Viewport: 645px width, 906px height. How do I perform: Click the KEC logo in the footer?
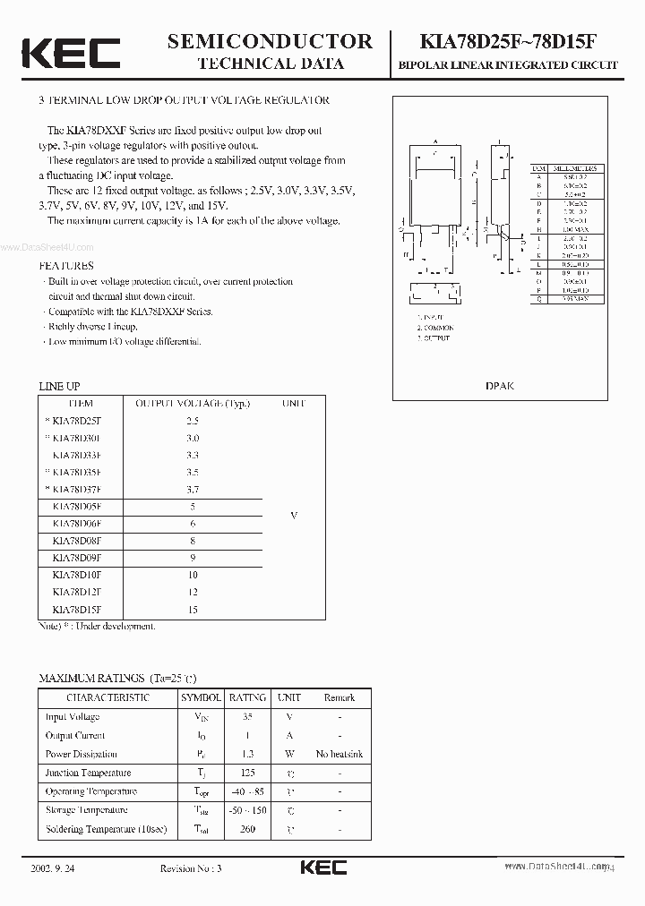tap(322, 868)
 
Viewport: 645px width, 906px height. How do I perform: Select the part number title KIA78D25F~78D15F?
tap(513, 41)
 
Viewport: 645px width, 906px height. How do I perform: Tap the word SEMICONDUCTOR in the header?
tap(270, 41)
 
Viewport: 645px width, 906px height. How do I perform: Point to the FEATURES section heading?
tap(66, 266)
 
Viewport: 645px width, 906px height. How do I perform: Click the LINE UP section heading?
tap(59, 385)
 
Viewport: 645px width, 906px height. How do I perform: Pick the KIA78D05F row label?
tap(77, 507)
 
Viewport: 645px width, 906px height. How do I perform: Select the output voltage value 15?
tap(193, 610)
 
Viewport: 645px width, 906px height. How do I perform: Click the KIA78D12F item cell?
tap(77, 593)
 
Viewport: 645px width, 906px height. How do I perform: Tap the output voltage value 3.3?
tap(193, 455)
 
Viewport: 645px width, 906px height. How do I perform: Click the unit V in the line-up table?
tap(294, 516)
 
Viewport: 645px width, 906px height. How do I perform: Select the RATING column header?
tap(247, 697)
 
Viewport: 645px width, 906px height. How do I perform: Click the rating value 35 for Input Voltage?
tap(247, 716)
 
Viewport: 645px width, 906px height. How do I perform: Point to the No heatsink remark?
tap(340, 754)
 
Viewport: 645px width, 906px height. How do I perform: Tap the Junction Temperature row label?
tap(88, 773)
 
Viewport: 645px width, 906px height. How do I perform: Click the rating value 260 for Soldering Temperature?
tap(247, 829)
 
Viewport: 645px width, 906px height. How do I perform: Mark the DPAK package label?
tap(499, 386)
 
